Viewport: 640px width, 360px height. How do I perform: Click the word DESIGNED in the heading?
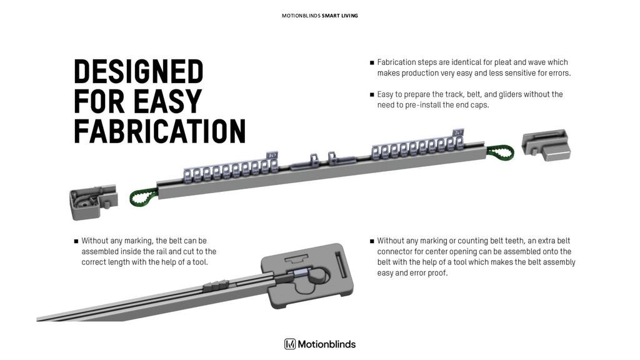click(138, 72)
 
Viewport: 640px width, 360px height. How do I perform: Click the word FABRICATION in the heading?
click(159, 131)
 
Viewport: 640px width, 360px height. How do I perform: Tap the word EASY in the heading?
click(168, 102)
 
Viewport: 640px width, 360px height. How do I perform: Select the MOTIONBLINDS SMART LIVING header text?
click(319, 15)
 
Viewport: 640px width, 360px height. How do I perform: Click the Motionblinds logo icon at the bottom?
click(290, 344)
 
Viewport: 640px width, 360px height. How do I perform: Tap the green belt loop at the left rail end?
click(142, 198)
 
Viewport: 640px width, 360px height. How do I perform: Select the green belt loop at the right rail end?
click(501, 152)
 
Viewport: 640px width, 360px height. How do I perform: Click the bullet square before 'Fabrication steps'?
click(372, 62)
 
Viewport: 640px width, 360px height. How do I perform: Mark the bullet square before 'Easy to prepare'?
click(372, 95)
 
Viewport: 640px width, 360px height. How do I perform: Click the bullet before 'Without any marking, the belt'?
click(76, 241)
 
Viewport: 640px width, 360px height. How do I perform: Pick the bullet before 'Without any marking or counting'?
click(372, 241)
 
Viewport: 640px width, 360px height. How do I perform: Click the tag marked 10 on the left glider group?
click(272, 154)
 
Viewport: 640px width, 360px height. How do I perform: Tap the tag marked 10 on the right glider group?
click(457, 132)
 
